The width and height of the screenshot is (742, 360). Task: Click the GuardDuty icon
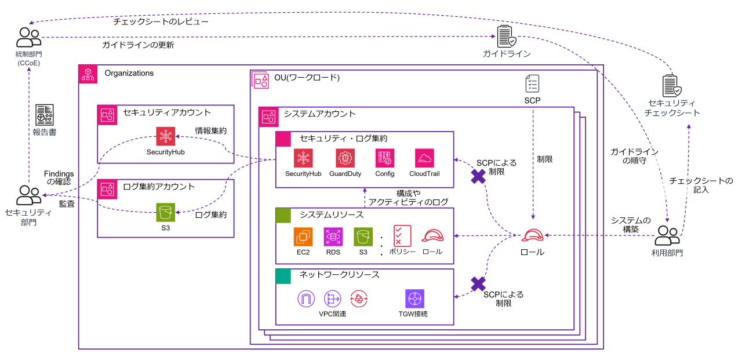pos(345,158)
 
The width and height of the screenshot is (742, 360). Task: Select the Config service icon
pos(385,158)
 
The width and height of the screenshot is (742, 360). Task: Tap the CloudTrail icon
pos(425,158)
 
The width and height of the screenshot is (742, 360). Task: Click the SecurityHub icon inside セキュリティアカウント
pos(165,136)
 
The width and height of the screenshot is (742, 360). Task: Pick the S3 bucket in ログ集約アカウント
pos(165,212)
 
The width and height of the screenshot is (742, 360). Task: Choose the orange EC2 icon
pos(303,237)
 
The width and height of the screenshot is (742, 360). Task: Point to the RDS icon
pos(333,237)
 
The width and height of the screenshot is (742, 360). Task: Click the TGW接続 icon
pos(415,299)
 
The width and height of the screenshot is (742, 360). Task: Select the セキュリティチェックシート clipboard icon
pos(672,86)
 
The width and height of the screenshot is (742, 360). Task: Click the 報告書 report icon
pos(45,115)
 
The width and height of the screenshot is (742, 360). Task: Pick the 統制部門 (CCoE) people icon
pos(28,38)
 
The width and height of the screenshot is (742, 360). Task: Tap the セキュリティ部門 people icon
pos(28,195)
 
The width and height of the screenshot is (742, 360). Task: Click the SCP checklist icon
pos(532,83)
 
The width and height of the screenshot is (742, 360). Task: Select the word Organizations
pos(129,73)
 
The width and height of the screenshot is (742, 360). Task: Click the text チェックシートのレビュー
pos(161,21)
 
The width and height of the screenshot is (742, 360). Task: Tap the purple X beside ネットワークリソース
pos(478,284)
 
